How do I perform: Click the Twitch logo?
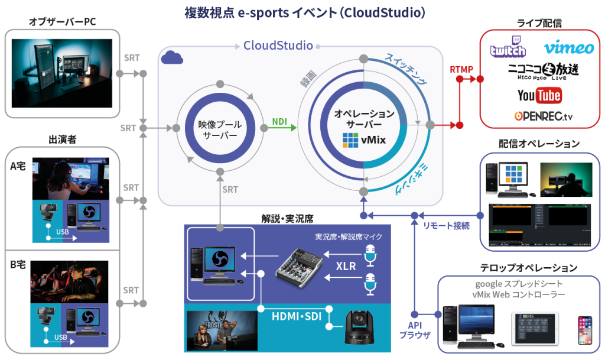508,47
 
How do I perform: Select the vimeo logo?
568,47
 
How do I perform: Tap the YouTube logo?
539,95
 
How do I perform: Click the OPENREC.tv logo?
543,116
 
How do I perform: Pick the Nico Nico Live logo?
543,72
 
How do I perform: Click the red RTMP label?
461,70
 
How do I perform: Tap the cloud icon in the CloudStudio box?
172,57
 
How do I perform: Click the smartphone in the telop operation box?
584,330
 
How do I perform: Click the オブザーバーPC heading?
63,22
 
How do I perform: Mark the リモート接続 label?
447,226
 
